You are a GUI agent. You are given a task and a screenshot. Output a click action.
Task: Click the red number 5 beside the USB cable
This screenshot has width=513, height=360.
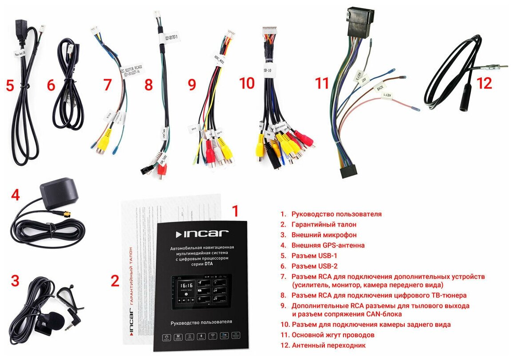[9, 85]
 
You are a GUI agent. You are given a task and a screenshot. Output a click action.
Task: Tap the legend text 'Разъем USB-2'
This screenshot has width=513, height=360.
[314, 266]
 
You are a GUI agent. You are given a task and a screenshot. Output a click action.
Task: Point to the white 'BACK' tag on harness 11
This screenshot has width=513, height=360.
[380, 87]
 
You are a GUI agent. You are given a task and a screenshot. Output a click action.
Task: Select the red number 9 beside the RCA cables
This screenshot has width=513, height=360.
[192, 84]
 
